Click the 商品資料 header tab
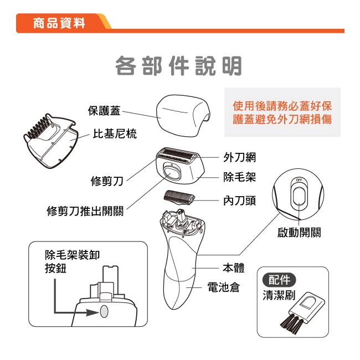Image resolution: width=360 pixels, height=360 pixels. pyautogui.click(x=59, y=23)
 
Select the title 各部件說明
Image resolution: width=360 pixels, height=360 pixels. pyautogui.click(x=178, y=66)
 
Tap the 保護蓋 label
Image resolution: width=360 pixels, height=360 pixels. pyautogui.click(x=104, y=110)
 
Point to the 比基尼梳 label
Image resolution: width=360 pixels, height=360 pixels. pyautogui.click(x=115, y=133)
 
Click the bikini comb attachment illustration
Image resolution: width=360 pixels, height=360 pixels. pyautogui.click(x=50, y=141)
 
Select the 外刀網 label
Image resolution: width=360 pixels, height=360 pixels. pyautogui.click(x=239, y=157)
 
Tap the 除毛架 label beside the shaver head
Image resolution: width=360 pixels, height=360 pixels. pyautogui.click(x=239, y=177)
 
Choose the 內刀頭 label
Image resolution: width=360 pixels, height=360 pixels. pyautogui.click(x=239, y=200)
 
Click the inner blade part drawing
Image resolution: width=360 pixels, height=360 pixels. pyautogui.click(x=179, y=197)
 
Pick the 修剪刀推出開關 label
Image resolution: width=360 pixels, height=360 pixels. pyautogui.click(x=85, y=211)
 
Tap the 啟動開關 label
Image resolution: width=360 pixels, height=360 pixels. pyautogui.click(x=299, y=233)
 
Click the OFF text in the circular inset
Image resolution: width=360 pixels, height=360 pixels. pyautogui.click(x=299, y=180)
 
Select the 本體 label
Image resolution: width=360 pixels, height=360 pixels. pyautogui.click(x=234, y=268)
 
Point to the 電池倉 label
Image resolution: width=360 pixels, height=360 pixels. pyautogui.click(x=223, y=287)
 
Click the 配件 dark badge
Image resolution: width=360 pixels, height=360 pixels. pyautogui.click(x=279, y=280)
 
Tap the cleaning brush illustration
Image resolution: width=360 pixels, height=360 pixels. pyautogui.click(x=303, y=313)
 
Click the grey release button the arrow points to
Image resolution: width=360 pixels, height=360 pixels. pyautogui.click(x=104, y=311)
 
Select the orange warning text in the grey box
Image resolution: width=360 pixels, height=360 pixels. pyautogui.click(x=282, y=112)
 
